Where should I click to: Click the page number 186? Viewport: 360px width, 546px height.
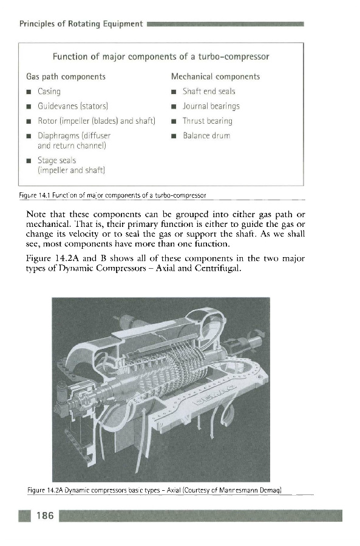tap(46, 515)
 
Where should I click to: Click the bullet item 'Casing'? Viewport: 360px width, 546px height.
tap(49, 92)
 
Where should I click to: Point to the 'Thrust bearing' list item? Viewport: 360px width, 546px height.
tap(208, 121)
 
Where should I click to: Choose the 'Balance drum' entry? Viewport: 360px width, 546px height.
tap(206, 136)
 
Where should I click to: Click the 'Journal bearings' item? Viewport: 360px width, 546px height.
tap(211, 106)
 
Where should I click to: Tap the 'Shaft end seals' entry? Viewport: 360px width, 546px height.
tap(209, 92)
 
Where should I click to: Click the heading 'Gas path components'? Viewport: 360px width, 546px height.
tap(66, 76)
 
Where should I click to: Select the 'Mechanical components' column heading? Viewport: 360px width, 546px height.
tap(216, 76)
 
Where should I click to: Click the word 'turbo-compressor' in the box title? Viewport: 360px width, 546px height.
tap(234, 57)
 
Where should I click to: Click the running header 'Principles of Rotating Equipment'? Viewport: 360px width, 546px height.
tap(81, 24)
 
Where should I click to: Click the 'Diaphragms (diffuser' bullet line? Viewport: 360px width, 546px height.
tap(74, 136)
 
